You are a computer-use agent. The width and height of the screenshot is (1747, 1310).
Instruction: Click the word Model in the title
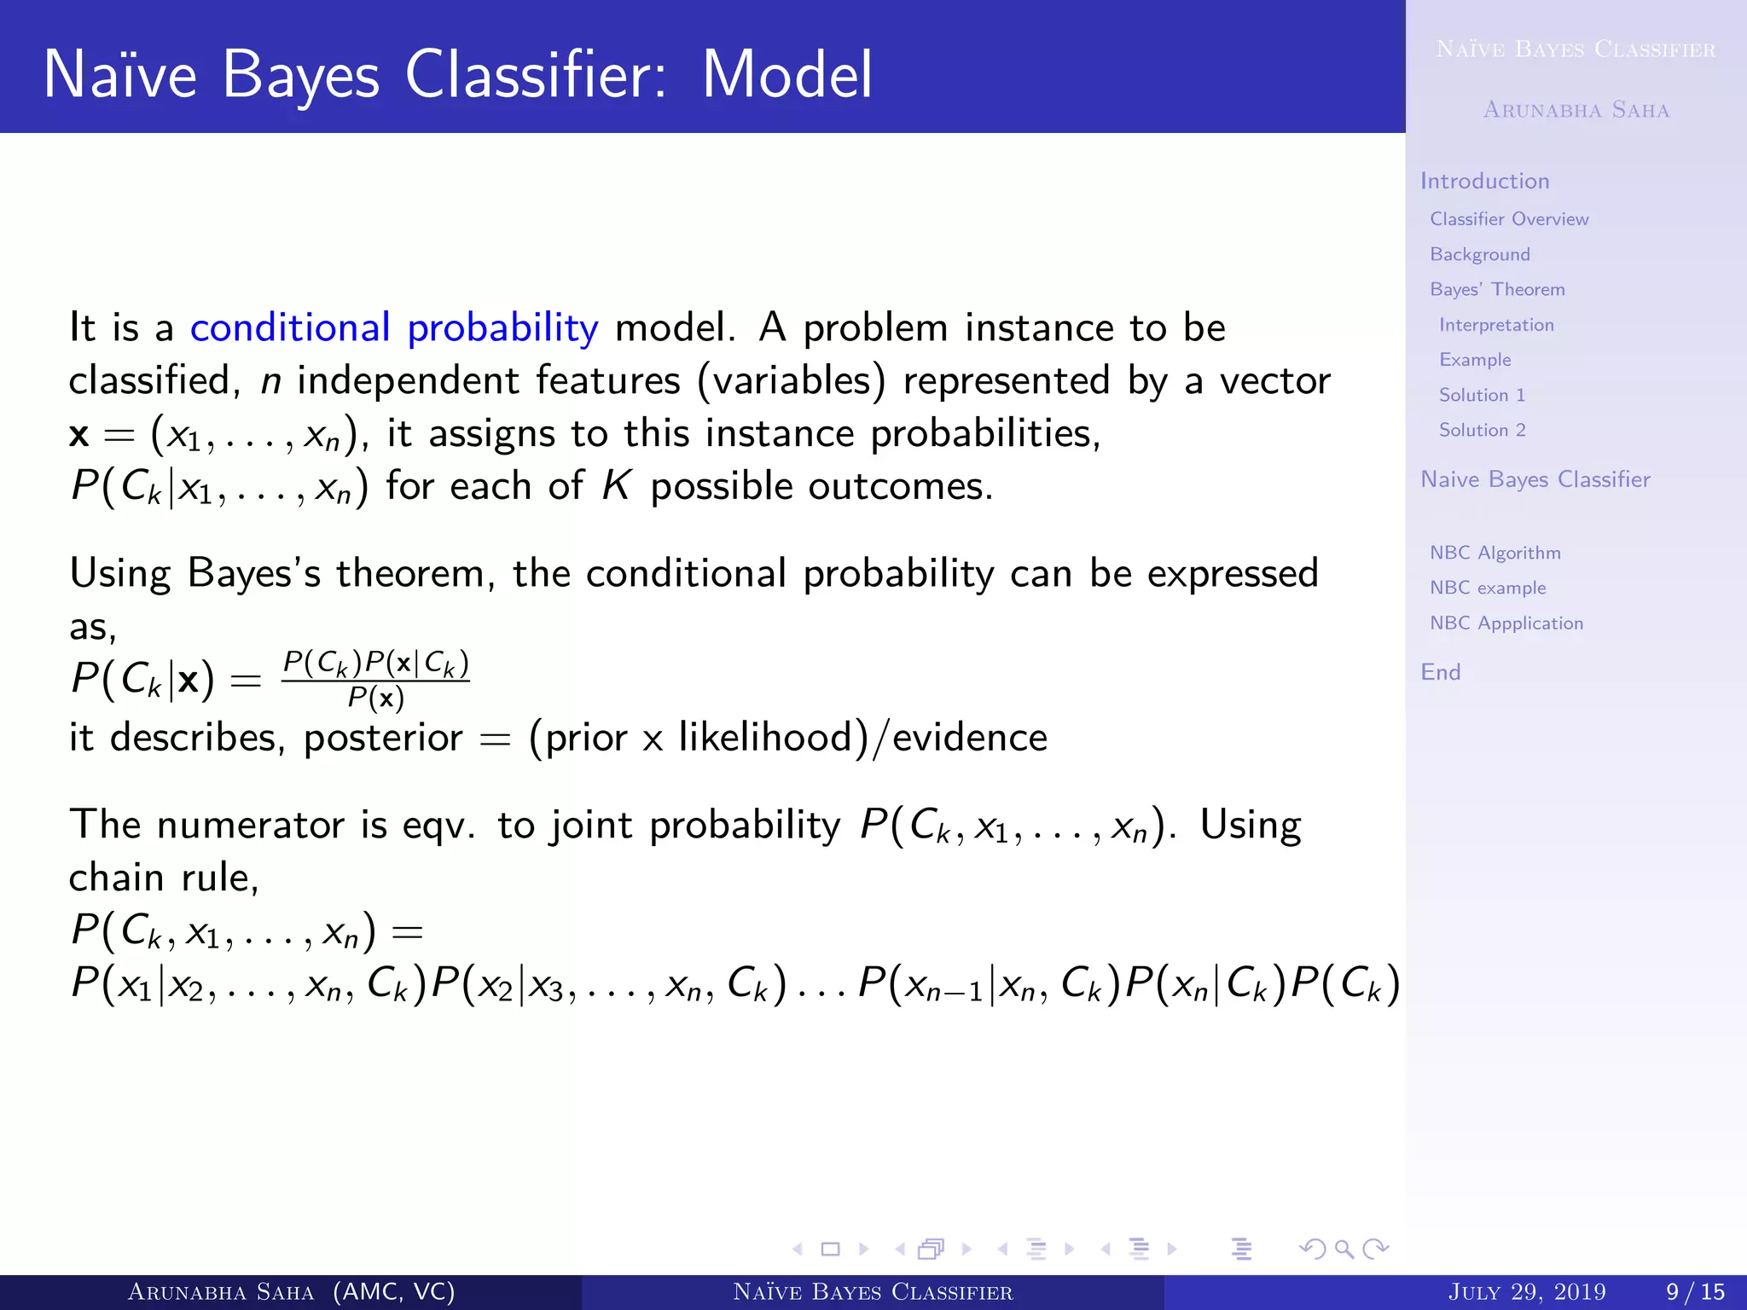click(x=786, y=75)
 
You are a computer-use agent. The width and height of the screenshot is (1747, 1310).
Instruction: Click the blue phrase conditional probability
click(x=393, y=328)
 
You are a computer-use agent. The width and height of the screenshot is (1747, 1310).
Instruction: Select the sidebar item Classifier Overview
click(x=1509, y=219)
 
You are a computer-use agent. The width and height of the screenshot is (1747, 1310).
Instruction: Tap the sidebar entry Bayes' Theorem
click(x=1497, y=290)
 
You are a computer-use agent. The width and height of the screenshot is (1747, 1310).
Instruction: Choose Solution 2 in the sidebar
click(x=1482, y=430)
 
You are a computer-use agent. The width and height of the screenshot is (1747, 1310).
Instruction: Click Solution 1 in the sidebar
click(x=1482, y=395)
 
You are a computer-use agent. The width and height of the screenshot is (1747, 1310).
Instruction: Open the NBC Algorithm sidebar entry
click(x=1495, y=553)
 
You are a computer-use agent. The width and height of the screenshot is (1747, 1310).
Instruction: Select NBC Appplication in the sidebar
click(x=1506, y=623)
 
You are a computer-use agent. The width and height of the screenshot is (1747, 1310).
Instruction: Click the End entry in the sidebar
click(x=1440, y=672)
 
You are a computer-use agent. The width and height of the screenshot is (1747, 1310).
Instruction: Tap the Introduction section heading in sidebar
click(x=1484, y=181)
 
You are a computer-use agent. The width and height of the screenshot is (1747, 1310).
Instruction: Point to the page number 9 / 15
click(x=1695, y=1292)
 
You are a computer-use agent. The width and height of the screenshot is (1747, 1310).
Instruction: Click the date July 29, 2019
click(x=1526, y=1292)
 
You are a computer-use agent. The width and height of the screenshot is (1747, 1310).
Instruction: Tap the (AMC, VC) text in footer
click(x=393, y=1292)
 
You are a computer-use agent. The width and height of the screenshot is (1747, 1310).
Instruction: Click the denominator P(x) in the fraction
click(x=375, y=699)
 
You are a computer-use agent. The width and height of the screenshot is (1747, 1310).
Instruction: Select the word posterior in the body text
click(x=383, y=738)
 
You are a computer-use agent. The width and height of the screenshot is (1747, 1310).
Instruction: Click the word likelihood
click(x=766, y=738)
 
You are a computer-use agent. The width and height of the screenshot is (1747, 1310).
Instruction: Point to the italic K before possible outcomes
click(x=616, y=486)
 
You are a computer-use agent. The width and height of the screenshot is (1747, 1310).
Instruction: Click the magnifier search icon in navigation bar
click(x=1344, y=1249)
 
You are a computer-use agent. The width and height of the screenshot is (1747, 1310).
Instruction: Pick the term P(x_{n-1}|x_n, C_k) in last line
click(x=988, y=984)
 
